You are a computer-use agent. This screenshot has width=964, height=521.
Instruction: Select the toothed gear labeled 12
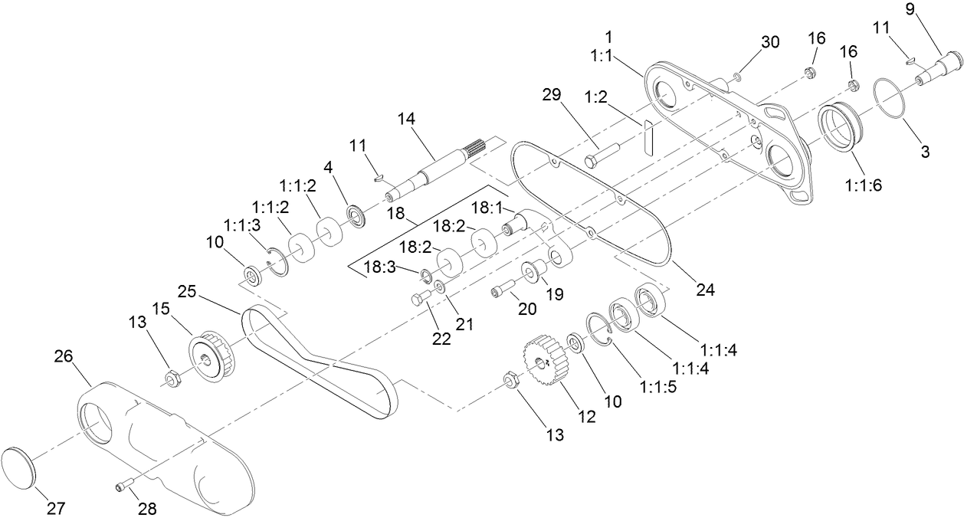click(544, 361)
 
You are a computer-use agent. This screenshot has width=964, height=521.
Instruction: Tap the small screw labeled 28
click(125, 485)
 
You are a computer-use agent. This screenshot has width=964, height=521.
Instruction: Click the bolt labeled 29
click(602, 156)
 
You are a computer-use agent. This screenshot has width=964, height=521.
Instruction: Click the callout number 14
click(406, 119)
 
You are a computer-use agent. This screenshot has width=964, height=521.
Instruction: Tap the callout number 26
click(64, 356)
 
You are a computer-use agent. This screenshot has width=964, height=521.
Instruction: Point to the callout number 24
click(705, 290)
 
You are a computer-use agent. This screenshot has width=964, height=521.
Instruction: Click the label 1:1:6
click(864, 185)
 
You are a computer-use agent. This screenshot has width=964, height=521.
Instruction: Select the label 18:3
click(379, 267)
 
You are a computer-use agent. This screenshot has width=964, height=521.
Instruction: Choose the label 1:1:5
click(658, 387)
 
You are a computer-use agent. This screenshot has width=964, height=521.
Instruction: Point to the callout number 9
click(910, 9)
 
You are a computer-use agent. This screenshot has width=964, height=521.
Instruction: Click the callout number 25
click(187, 292)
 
